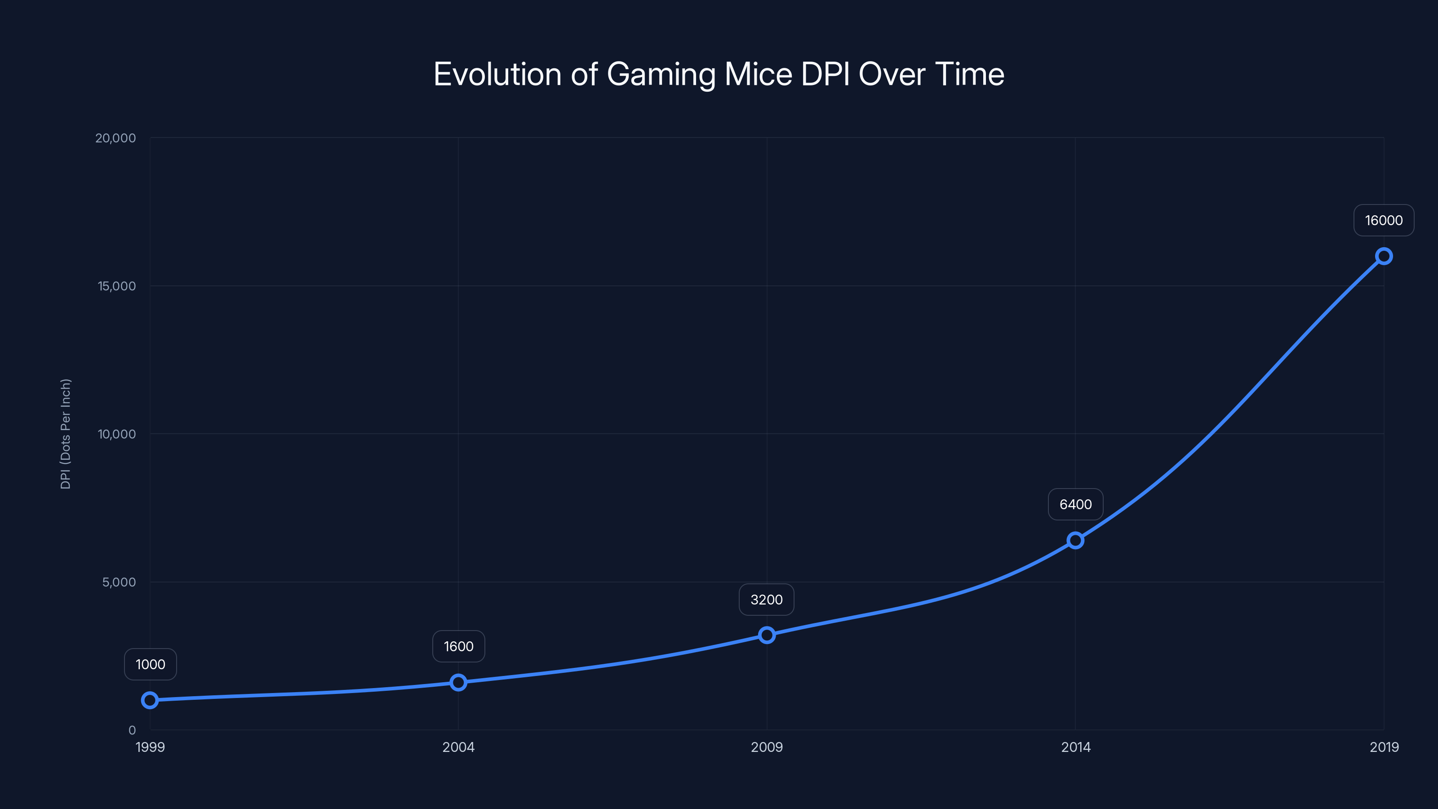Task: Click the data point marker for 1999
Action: [x=150, y=700]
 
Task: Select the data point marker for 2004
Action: [x=458, y=682]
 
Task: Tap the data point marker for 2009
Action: [x=767, y=635]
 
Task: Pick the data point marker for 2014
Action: [x=1075, y=540]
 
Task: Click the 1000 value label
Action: [x=150, y=664]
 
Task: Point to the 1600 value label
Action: [x=458, y=647]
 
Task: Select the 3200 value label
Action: [x=767, y=600]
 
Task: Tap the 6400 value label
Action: [x=1075, y=504]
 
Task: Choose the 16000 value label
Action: [x=1383, y=221]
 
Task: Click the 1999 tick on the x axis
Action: [x=150, y=747]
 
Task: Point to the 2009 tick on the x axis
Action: [x=767, y=747]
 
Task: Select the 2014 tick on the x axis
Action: [x=1076, y=747]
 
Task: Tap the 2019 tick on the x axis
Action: [x=1384, y=747]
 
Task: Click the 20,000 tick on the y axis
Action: [x=115, y=138]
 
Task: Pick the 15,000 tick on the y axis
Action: [x=117, y=286]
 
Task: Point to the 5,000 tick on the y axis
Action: [x=119, y=582]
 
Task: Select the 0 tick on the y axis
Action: [x=132, y=730]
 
